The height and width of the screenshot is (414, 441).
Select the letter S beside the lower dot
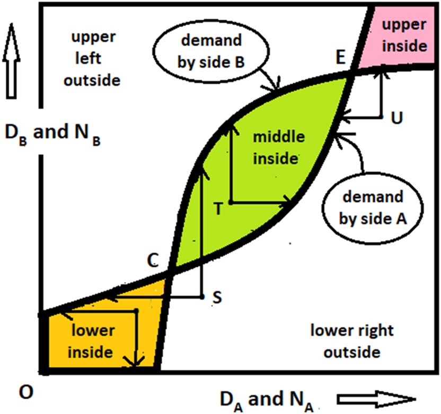[217, 298]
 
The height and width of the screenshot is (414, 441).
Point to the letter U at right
[396, 118]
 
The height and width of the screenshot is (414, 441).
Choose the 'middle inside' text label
[278, 147]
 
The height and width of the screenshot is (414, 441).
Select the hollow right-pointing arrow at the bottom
[375, 399]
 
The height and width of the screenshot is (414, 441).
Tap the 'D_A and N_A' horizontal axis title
[265, 400]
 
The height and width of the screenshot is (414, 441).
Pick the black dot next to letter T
[230, 202]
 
